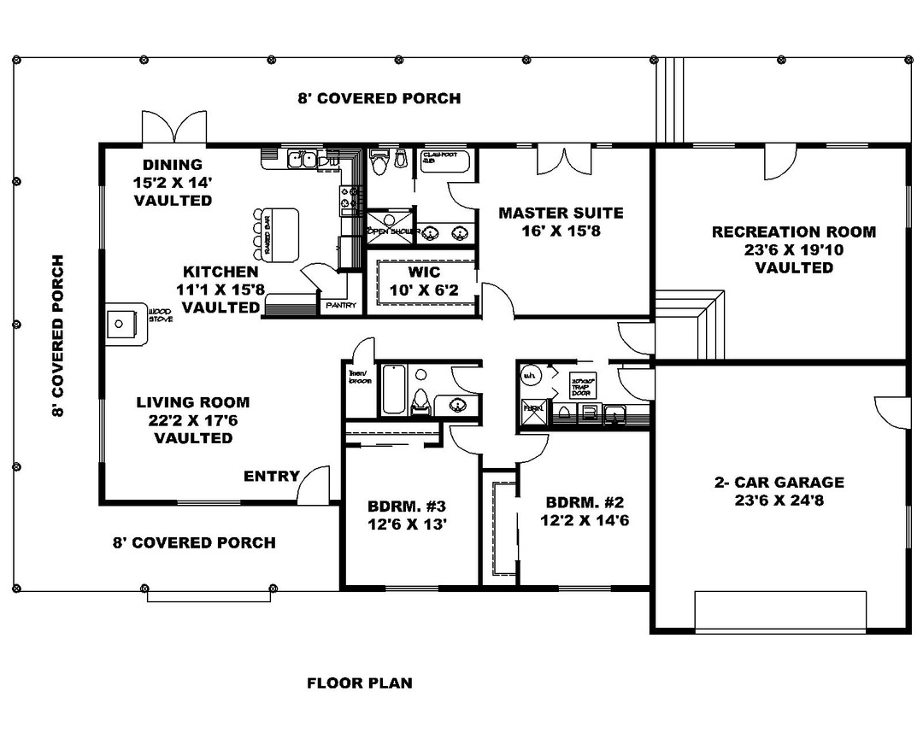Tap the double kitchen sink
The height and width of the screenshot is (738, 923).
pos(301,158)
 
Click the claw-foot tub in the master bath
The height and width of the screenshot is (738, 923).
pos(444,160)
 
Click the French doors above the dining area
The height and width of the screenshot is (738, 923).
pos(174,128)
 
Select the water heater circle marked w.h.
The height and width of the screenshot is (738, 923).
pos(530,374)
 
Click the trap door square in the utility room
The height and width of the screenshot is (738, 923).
pos(582,386)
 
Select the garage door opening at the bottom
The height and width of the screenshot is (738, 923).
pos(779,610)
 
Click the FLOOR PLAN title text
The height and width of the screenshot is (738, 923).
pos(359,682)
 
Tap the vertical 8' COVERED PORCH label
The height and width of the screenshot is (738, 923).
pos(58,336)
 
